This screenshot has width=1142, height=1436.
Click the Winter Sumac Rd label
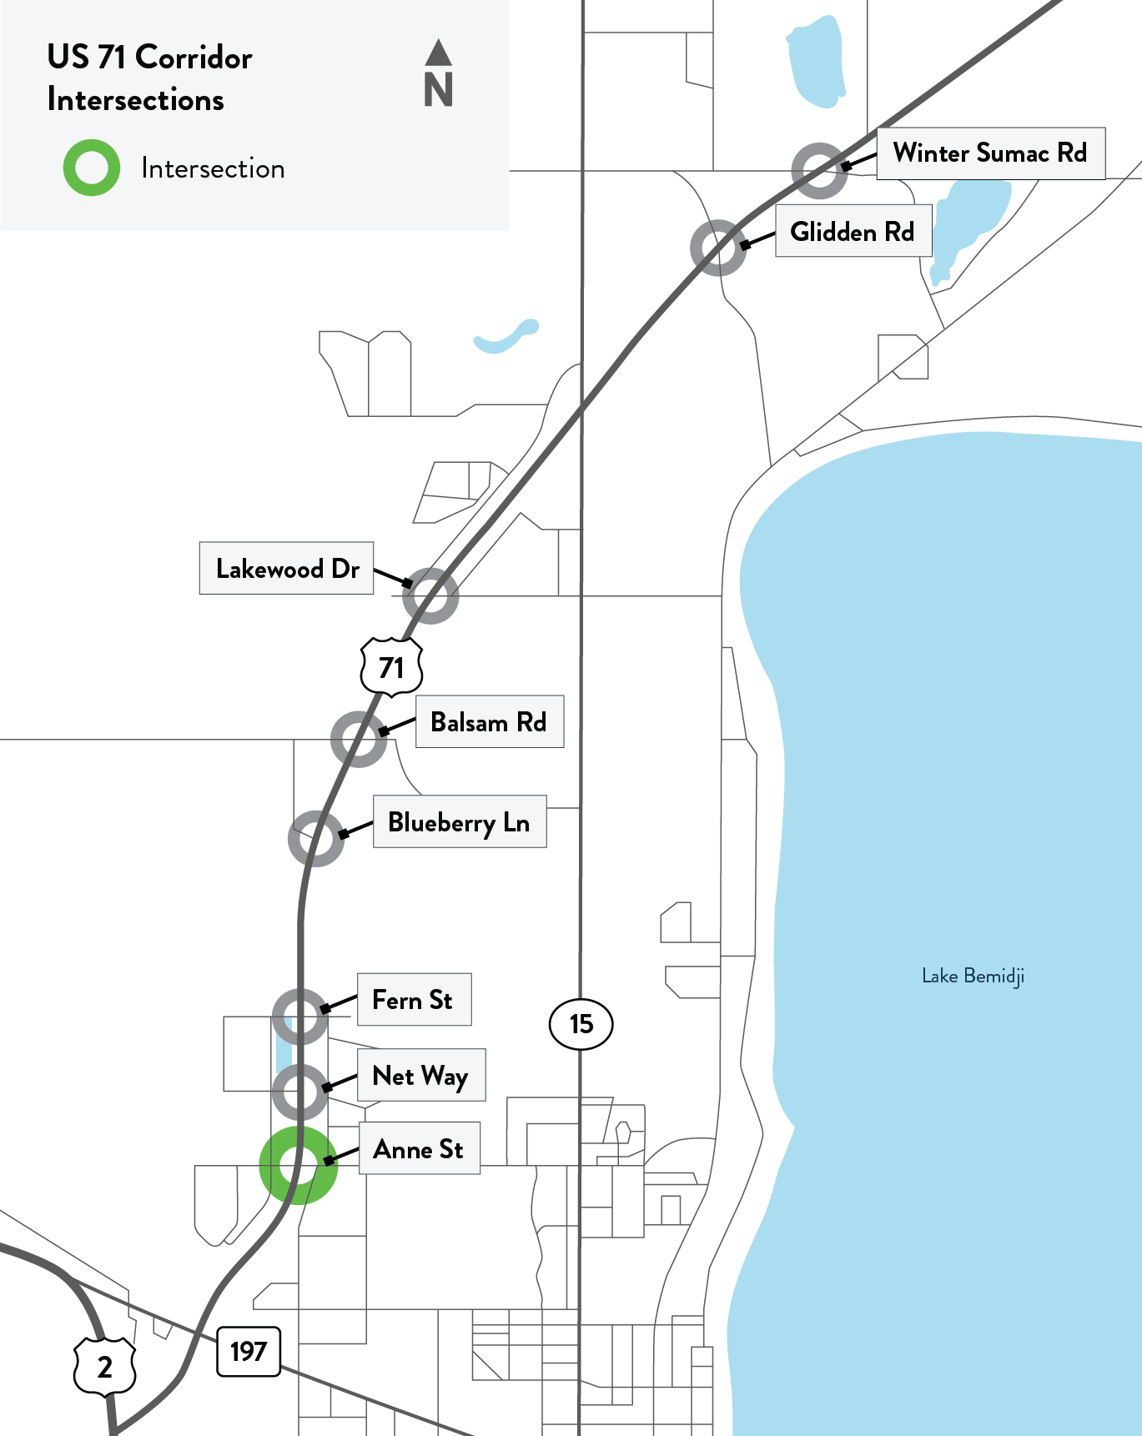pyautogui.click(x=990, y=153)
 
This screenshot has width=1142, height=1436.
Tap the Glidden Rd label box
pyautogui.click(x=853, y=232)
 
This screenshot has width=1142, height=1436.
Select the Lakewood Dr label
pyautogui.click(x=286, y=569)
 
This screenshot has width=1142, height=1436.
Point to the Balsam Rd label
pyautogui.click(x=489, y=722)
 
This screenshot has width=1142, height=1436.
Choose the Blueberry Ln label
pyautogui.click(x=459, y=822)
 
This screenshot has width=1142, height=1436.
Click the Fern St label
pyautogui.click(x=414, y=1000)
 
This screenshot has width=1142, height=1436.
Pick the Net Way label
pyautogui.click(x=420, y=1076)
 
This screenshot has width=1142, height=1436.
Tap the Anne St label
pyautogui.click(x=419, y=1149)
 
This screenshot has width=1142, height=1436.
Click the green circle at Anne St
pyautogui.click(x=299, y=1165)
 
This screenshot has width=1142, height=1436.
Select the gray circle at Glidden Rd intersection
pyautogui.click(x=718, y=248)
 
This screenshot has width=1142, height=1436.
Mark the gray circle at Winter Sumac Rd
pyautogui.click(x=819, y=171)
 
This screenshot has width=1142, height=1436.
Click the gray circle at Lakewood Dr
pyautogui.click(x=430, y=595)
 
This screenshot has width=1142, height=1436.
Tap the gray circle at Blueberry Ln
pyautogui.click(x=316, y=838)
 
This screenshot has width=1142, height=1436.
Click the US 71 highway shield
pyautogui.click(x=391, y=667)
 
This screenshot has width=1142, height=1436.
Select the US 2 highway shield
pyautogui.click(x=105, y=1366)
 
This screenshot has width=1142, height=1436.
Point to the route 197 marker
pyautogui.click(x=249, y=1351)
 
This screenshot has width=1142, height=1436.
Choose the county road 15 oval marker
pyautogui.click(x=581, y=1024)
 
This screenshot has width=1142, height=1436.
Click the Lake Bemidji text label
pyautogui.click(x=973, y=976)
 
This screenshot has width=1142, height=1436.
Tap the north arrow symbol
pyautogui.click(x=438, y=73)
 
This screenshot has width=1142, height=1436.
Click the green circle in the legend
pyautogui.click(x=92, y=168)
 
